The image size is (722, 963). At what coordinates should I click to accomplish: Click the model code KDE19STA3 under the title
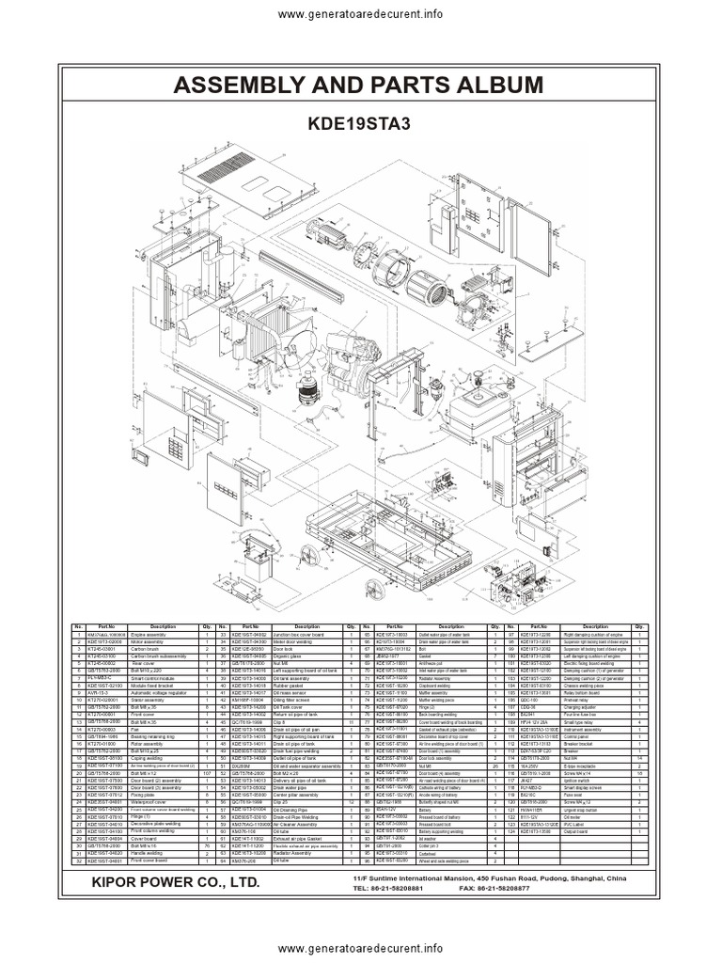tap(361, 123)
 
